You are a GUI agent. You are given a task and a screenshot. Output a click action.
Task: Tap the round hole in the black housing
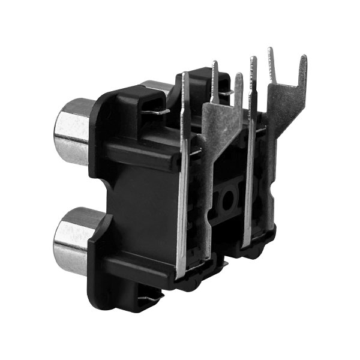(229, 200)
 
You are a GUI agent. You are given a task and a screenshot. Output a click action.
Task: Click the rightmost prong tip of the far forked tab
(303, 60)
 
